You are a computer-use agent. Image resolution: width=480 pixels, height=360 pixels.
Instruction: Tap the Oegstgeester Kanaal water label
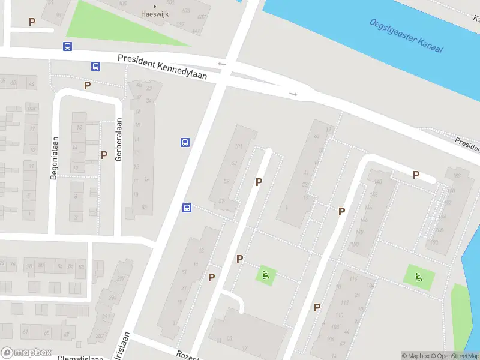click(406, 35)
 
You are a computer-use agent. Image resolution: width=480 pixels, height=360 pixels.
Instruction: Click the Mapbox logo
click(26, 353)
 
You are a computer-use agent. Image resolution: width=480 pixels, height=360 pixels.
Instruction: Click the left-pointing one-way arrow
click(221, 64)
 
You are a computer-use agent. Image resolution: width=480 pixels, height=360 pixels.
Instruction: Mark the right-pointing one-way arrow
click(293, 94)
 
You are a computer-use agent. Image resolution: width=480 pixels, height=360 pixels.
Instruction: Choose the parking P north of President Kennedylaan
click(32, 22)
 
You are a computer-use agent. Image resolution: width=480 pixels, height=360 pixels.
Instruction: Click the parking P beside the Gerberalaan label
click(104, 155)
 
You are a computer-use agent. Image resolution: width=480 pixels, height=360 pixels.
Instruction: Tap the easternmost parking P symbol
click(415, 175)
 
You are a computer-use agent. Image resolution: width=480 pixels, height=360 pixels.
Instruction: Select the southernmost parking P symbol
click(317, 307)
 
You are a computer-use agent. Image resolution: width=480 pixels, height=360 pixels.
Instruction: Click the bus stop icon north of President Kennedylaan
click(67, 46)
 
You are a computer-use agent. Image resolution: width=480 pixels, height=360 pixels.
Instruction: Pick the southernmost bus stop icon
click(187, 208)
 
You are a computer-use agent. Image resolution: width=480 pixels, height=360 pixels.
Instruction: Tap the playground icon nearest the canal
click(419, 277)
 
